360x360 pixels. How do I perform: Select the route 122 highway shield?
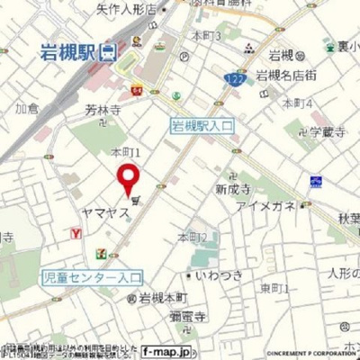(231, 80)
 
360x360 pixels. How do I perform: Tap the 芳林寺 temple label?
(102, 110)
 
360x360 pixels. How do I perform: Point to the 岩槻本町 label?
(162, 297)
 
